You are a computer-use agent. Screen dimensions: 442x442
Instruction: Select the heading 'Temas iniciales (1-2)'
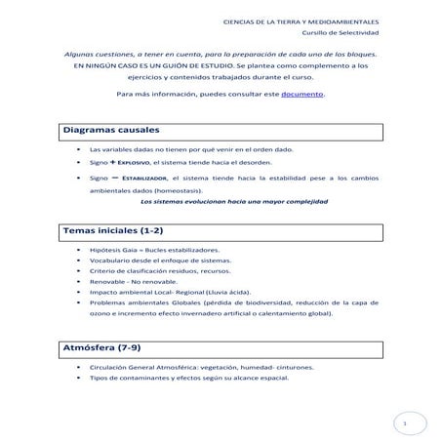point(112,231)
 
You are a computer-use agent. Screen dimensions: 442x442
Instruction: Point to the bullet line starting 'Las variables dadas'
point(190,150)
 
